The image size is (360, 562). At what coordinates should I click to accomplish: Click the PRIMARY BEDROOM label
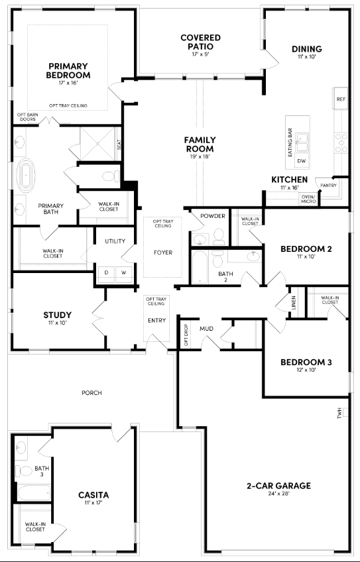(68, 70)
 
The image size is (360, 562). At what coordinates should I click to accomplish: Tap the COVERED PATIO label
(200, 42)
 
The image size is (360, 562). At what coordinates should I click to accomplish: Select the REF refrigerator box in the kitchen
(341, 99)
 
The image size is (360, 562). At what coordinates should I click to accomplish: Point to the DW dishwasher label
(302, 161)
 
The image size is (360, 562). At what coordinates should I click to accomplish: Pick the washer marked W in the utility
(123, 272)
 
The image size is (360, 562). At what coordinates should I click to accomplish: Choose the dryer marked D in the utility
(105, 272)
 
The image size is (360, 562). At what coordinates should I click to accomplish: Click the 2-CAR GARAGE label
(278, 486)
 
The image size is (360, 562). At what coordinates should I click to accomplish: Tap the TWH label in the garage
(339, 414)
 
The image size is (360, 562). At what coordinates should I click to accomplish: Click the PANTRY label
(330, 186)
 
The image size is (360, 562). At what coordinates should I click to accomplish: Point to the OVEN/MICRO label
(308, 199)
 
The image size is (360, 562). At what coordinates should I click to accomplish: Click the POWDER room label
(213, 217)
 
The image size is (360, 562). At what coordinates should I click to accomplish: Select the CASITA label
(93, 495)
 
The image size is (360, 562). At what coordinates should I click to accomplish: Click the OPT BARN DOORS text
(28, 117)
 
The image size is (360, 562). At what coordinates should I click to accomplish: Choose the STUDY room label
(58, 315)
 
